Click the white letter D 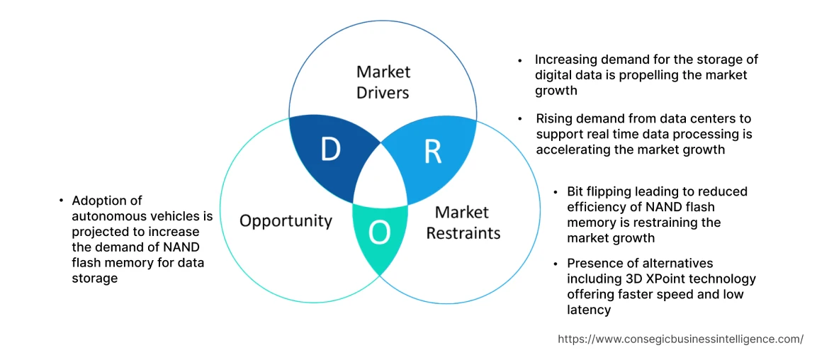pyautogui.click(x=330, y=150)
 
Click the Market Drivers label pyautogui.click(x=383, y=81)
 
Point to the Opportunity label pyautogui.click(x=286, y=220)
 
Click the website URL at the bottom pyautogui.click(x=680, y=339)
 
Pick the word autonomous pyautogui.click(x=109, y=216)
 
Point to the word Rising pyautogui.click(x=553, y=118)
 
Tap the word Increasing pyautogui.click(x=568, y=60)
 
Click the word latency pyautogui.click(x=588, y=310)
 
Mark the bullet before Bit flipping pyautogui.click(x=556, y=192)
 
